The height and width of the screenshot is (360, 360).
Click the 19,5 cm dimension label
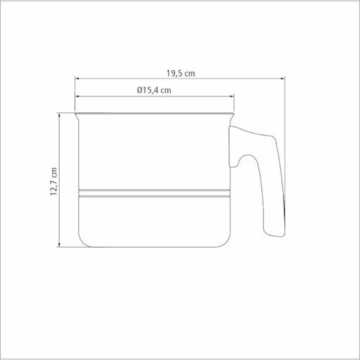coord(181,73)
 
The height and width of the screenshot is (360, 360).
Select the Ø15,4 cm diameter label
coord(154,91)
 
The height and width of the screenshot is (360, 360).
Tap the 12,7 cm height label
coord(54,181)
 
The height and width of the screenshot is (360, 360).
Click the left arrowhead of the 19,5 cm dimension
coord(77,78)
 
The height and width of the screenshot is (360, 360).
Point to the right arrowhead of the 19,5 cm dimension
coord(283,78)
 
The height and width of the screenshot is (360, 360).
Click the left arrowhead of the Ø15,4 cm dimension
coord(77,96)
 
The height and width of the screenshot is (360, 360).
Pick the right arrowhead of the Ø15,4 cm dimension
coord(232,96)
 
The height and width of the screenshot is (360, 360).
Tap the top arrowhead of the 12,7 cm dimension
coord(59,115)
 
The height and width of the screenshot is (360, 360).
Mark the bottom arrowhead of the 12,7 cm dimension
coord(59,245)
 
